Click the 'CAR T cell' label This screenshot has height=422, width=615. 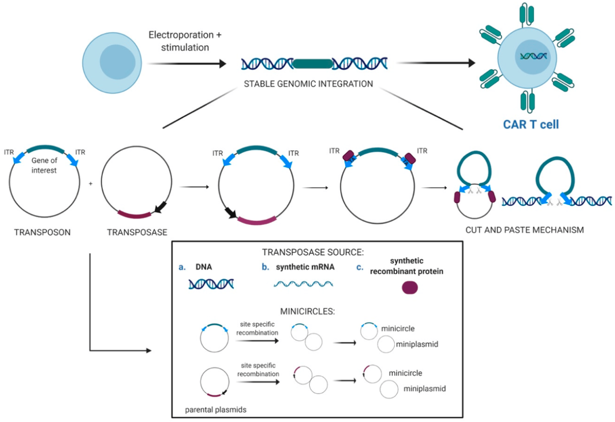coord(531,125)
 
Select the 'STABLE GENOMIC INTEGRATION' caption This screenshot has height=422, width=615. coord(308,84)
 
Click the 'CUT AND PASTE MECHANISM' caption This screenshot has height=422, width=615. coord(524,230)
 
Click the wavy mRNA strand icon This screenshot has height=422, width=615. coord(304,284)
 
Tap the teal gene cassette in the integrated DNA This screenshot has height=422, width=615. coord(312,63)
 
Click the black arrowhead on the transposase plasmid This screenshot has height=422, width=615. coord(155,207)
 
